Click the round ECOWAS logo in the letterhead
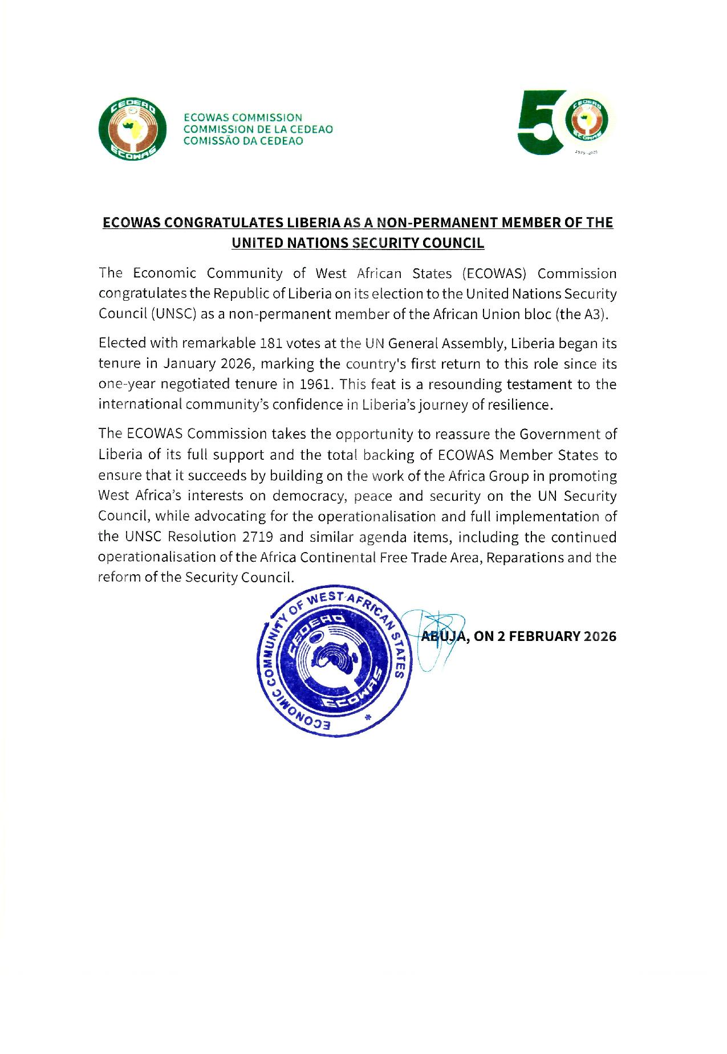[132, 129]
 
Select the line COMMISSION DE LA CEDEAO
[257, 129]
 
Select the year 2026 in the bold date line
[600, 636]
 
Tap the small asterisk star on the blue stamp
[367, 719]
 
